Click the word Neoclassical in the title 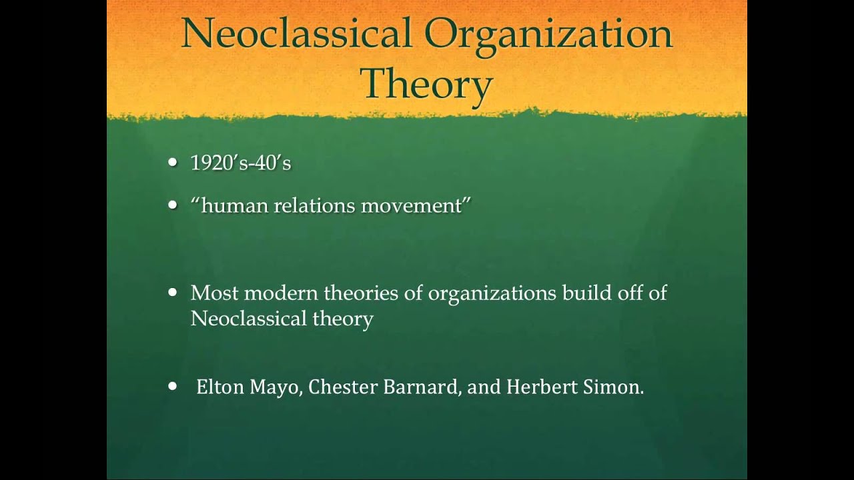click(297, 33)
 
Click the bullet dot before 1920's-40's click(173, 162)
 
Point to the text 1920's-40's click(241, 163)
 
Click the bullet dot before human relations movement click(173, 205)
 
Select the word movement click(412, 206)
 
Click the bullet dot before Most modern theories click(173, 293)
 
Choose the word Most click(215, 293)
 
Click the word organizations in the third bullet click(492, 294)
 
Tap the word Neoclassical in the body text click(249, 318)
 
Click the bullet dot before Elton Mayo click(173, 386)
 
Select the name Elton click(220, 387)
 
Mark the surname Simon click(613, 387)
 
